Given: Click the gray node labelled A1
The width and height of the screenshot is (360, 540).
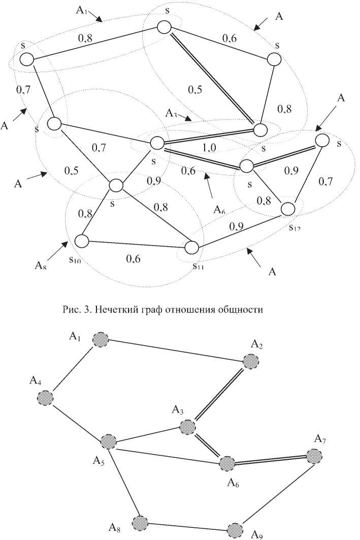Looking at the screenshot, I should pos(101,340).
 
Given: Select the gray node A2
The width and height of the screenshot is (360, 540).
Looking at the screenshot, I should pos(250,361).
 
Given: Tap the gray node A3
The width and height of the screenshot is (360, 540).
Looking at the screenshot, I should pos(188,426).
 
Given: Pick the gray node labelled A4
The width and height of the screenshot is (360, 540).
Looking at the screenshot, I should pos(46,397).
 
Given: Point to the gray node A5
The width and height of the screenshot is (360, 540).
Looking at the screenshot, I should pos(108,442).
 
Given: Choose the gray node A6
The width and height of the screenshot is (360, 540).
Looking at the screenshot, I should pos(226,463).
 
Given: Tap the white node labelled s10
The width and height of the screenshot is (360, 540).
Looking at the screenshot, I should pos(82,240).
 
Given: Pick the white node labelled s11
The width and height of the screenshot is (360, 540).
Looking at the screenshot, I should pos(191,248).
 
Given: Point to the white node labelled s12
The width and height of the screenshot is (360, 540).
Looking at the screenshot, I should pos(287,209).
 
